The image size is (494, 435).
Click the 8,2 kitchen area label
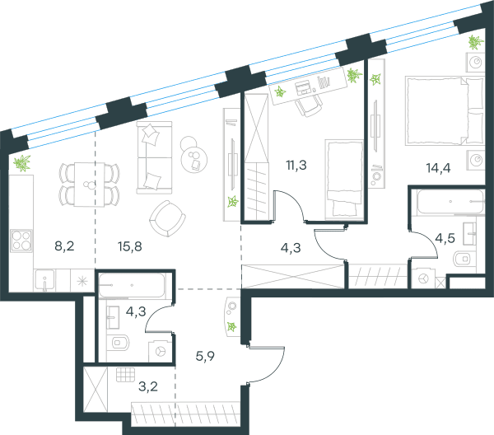64,246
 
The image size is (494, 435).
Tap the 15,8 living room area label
130,246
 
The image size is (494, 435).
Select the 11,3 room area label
296,165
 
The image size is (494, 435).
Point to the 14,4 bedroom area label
438,168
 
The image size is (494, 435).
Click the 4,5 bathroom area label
445,238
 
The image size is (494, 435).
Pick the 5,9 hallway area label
205,356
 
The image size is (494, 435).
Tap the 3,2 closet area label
148,386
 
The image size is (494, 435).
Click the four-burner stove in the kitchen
21,241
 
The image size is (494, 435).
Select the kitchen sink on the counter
44,281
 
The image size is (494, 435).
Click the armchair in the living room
168,218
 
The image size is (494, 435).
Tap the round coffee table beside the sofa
193,160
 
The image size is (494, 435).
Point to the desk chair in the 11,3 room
309,105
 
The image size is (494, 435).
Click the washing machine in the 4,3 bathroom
160,351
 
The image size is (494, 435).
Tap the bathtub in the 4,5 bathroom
450,201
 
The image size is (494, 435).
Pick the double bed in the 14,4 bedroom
445,110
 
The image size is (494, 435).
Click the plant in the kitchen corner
22,163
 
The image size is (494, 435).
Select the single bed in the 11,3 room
344,179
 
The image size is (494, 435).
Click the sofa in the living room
155,157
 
